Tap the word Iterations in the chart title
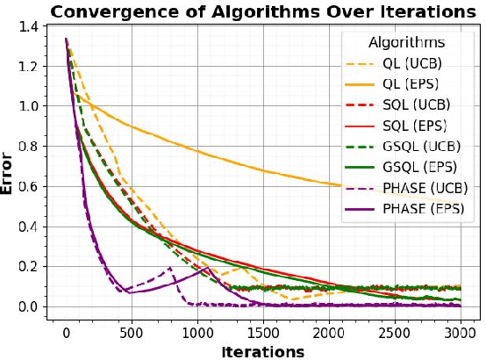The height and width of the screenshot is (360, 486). [422, 11]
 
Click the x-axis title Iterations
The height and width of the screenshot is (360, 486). [262, 351]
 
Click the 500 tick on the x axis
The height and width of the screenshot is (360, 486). [131, 334]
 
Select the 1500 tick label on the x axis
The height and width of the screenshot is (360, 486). [262, 334]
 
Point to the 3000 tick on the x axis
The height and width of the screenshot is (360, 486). [459, 334]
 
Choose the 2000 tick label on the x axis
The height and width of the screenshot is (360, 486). [328, 334]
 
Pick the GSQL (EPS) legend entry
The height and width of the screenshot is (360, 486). [420, 167]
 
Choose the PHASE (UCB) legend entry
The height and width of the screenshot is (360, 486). [425, 188]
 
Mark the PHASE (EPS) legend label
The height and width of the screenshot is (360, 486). [425, 209]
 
